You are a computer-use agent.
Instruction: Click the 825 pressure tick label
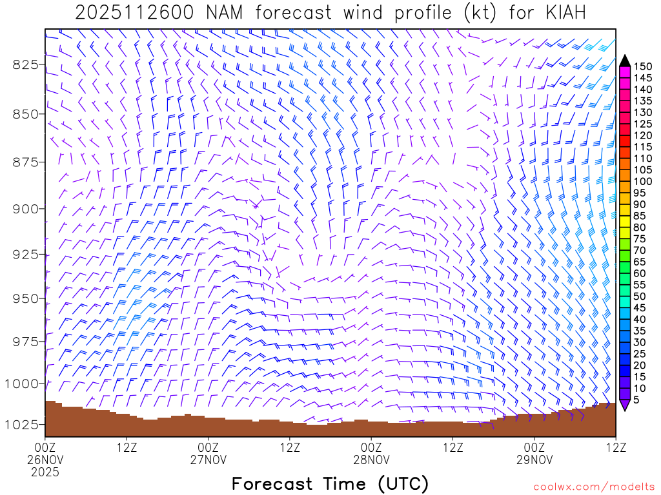(x=24, y=64)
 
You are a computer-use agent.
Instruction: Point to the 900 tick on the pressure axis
(x=24, y=209)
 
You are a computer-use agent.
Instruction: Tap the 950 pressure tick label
(x=24, y=298)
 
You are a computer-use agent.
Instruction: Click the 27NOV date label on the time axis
(x=208, y=460)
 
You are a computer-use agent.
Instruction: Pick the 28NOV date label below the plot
(x=372, y=460)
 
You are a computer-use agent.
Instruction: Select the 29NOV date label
(x=534, y=460)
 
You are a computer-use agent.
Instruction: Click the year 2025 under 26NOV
(x=45, y=472)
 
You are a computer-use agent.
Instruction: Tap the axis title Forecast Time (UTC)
(x=330, y=483)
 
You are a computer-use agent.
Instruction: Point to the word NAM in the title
(x=229, y=13)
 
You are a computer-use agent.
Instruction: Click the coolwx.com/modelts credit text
(x=593, y=487)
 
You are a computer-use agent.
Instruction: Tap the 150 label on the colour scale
(x=642, y=66)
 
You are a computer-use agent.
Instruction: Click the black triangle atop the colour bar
(x=625, y=61)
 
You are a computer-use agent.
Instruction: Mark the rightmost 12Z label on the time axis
(x=616, y=446)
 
